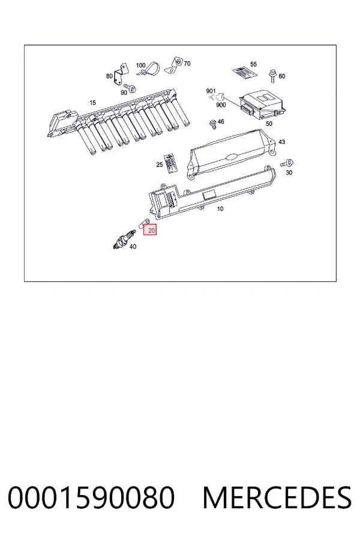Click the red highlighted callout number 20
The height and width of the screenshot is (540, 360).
[150, 230]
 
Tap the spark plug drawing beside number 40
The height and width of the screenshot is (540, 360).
[124, 239]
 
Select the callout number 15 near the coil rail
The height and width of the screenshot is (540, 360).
[92, 103]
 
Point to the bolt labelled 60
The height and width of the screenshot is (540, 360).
[272, 75]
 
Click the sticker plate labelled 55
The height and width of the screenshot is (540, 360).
[245, 73]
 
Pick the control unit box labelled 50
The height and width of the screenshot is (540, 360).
[263, 103]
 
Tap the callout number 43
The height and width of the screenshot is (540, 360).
[282, 142]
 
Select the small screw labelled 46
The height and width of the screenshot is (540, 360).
[213, 124]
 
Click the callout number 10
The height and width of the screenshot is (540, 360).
[220, 209]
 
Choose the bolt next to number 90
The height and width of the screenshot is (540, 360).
[130, 87]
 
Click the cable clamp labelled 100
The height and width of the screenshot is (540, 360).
[150, 69]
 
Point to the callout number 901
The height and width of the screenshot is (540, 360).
[211, 91]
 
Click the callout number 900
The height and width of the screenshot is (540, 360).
[221, 104]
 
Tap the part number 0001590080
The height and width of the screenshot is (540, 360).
[91, 497]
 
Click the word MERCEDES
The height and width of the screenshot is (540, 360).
[277, 497]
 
